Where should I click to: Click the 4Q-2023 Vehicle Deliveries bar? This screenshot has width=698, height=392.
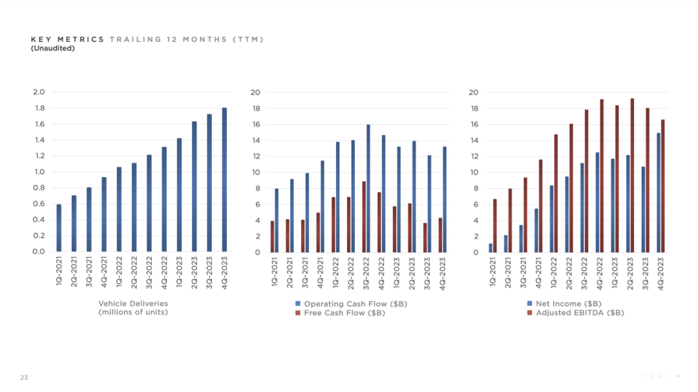[x=224, y=180]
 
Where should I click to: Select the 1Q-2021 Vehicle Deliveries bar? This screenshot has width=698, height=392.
[x=59, y=228]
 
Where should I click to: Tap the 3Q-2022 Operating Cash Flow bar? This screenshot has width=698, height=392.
[x=368, y=188]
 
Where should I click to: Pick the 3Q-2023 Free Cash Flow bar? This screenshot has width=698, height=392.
[x=425, y=238]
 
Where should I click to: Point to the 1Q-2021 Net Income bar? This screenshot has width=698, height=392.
[x=491, y=248]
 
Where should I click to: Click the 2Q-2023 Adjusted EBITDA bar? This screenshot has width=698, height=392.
[x=632, y=175]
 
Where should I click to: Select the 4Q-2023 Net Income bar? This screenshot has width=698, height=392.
[x=659, y=193]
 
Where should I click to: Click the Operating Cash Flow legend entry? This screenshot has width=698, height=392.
[x=351, y=304]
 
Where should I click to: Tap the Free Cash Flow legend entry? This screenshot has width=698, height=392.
[x=340, y=312]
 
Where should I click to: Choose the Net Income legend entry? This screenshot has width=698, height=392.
[x=564, y=303]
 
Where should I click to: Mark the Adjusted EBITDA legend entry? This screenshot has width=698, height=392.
[x=575, y=312]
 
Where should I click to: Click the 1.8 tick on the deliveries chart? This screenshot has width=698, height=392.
[x=39, y=108]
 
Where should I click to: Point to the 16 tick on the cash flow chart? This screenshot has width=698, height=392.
[x=255, y=125]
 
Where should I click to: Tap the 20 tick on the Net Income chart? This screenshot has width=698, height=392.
[x=473, y=93]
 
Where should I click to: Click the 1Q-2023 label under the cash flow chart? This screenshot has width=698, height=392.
[x=396, y=273]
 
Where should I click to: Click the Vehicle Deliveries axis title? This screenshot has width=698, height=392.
[x=133, y=308]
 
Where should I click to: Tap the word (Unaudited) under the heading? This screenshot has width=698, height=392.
[x=52, y=48]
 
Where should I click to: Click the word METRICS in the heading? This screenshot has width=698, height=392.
[x=81, y=39]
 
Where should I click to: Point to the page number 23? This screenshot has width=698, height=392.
[x=24, y=377]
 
